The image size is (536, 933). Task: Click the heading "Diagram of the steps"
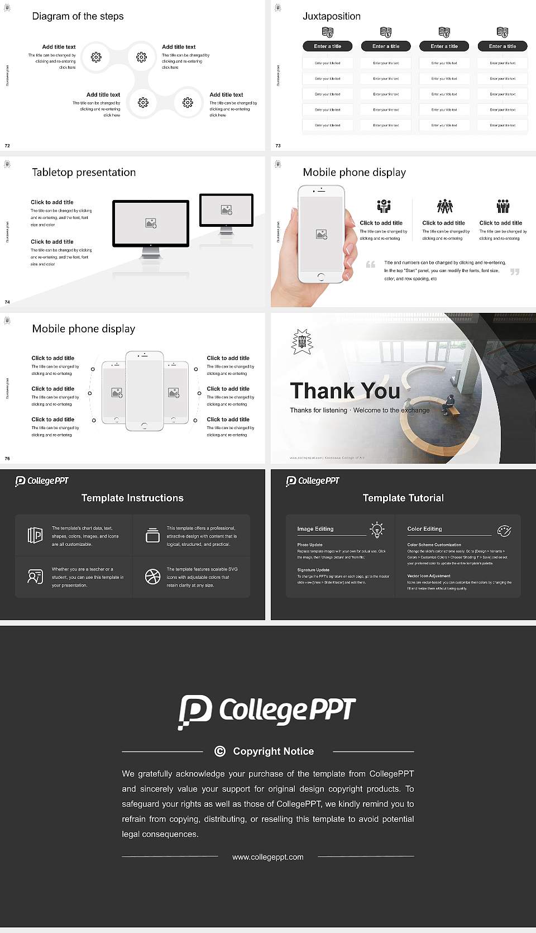78,16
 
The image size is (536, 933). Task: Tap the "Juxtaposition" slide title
331,16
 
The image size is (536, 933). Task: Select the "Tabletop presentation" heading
84,172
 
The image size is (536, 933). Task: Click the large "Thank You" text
344,391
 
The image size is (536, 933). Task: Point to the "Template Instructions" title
132,498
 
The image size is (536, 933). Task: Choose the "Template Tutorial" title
403,498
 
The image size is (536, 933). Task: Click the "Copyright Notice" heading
273,751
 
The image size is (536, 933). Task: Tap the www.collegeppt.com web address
268,857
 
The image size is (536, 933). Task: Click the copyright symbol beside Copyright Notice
220,751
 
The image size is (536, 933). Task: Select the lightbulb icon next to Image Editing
377,530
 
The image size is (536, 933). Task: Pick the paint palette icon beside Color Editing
504,530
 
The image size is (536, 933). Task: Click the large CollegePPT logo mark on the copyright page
195,711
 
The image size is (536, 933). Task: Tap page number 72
7,146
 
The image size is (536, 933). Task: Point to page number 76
7,459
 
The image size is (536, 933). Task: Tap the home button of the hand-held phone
320,277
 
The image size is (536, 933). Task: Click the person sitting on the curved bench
449,402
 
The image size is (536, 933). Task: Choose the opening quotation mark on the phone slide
370,264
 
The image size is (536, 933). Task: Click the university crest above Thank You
302,341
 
